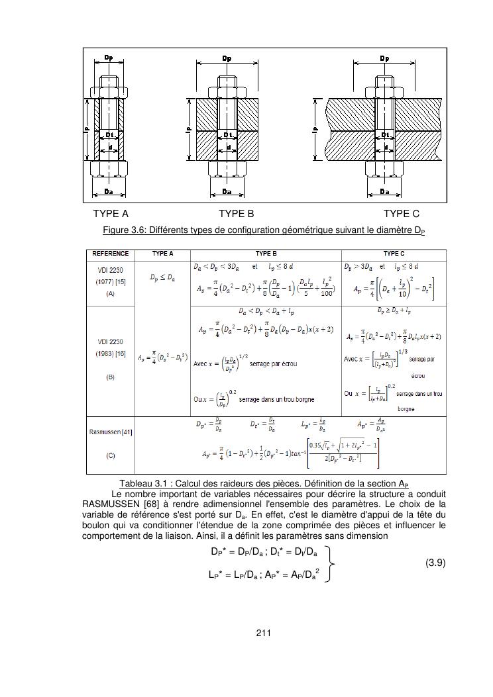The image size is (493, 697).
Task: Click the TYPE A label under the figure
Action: tap(111, 214)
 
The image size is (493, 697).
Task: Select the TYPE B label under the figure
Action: tap(237, 214)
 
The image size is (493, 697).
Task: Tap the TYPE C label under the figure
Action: tap(401, 214)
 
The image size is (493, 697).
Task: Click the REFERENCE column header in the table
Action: tap(111, 254)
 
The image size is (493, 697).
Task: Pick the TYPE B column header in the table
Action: tap(266, 254)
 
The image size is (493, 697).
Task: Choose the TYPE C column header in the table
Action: tap(393, 254)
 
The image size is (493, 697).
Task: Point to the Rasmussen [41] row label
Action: tap(111, 432)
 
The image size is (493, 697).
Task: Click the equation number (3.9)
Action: tap(435, 563)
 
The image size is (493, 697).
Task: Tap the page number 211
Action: tap(264, 633)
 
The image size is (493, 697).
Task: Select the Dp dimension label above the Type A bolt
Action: tap(108, 58)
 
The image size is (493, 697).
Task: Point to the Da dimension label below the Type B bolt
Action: tap(227, 191)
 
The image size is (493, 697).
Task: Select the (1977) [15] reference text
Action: tap(111, 281)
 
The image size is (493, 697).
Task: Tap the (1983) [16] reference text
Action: tap(111, 353)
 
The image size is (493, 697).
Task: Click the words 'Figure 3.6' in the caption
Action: tap(124, 231)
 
